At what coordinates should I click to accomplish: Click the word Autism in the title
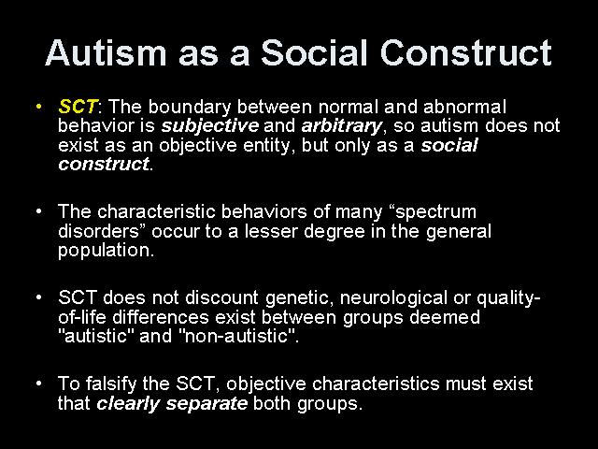106,52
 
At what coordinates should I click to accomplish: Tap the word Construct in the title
465,52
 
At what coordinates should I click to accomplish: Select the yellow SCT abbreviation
78,107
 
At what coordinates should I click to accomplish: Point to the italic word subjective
210,126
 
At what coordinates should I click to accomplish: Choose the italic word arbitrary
341,126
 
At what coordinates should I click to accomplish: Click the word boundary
190,108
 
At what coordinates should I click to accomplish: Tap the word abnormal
465,107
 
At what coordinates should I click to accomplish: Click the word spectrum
436,212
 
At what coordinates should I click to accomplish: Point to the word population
104,251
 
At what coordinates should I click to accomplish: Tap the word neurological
393,298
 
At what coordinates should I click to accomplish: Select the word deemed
445,317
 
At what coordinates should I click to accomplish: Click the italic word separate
206,404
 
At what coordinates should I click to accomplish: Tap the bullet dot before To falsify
38,384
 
